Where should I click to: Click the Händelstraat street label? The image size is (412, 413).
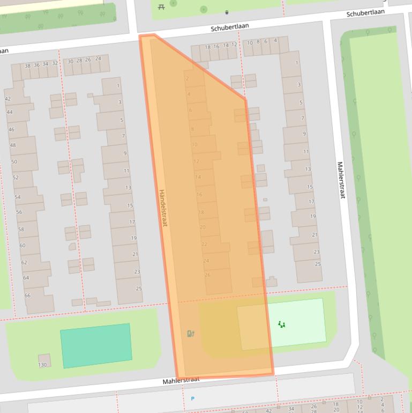click(163, 207)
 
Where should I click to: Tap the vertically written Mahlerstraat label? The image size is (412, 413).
click(340, 180)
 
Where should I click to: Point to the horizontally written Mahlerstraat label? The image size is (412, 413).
click(181, 380)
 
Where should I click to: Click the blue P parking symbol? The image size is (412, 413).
click(192, 399)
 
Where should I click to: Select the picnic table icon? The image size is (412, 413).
click(161, 6)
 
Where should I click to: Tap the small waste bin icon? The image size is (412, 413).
click(227, 12)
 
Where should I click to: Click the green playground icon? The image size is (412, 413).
click(282, 324)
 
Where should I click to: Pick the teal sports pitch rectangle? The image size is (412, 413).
click(96, 345)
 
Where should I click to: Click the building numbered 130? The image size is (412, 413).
click(42, 365)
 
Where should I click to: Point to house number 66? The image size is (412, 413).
click(27, 296)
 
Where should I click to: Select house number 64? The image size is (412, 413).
click(26, 278)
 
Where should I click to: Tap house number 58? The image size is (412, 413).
click(21, 229)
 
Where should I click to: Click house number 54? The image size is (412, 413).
click(18, 197)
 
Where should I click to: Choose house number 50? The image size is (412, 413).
click(14, 161)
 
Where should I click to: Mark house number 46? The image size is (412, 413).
click(11, 129)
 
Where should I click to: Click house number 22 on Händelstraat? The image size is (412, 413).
click(204, 244)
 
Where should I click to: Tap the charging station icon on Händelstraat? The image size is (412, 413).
click(190, 334)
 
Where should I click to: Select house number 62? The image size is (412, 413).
click(24, 263)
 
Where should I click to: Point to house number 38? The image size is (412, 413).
click(28, 65)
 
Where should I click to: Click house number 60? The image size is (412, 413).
click(23, 246)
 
